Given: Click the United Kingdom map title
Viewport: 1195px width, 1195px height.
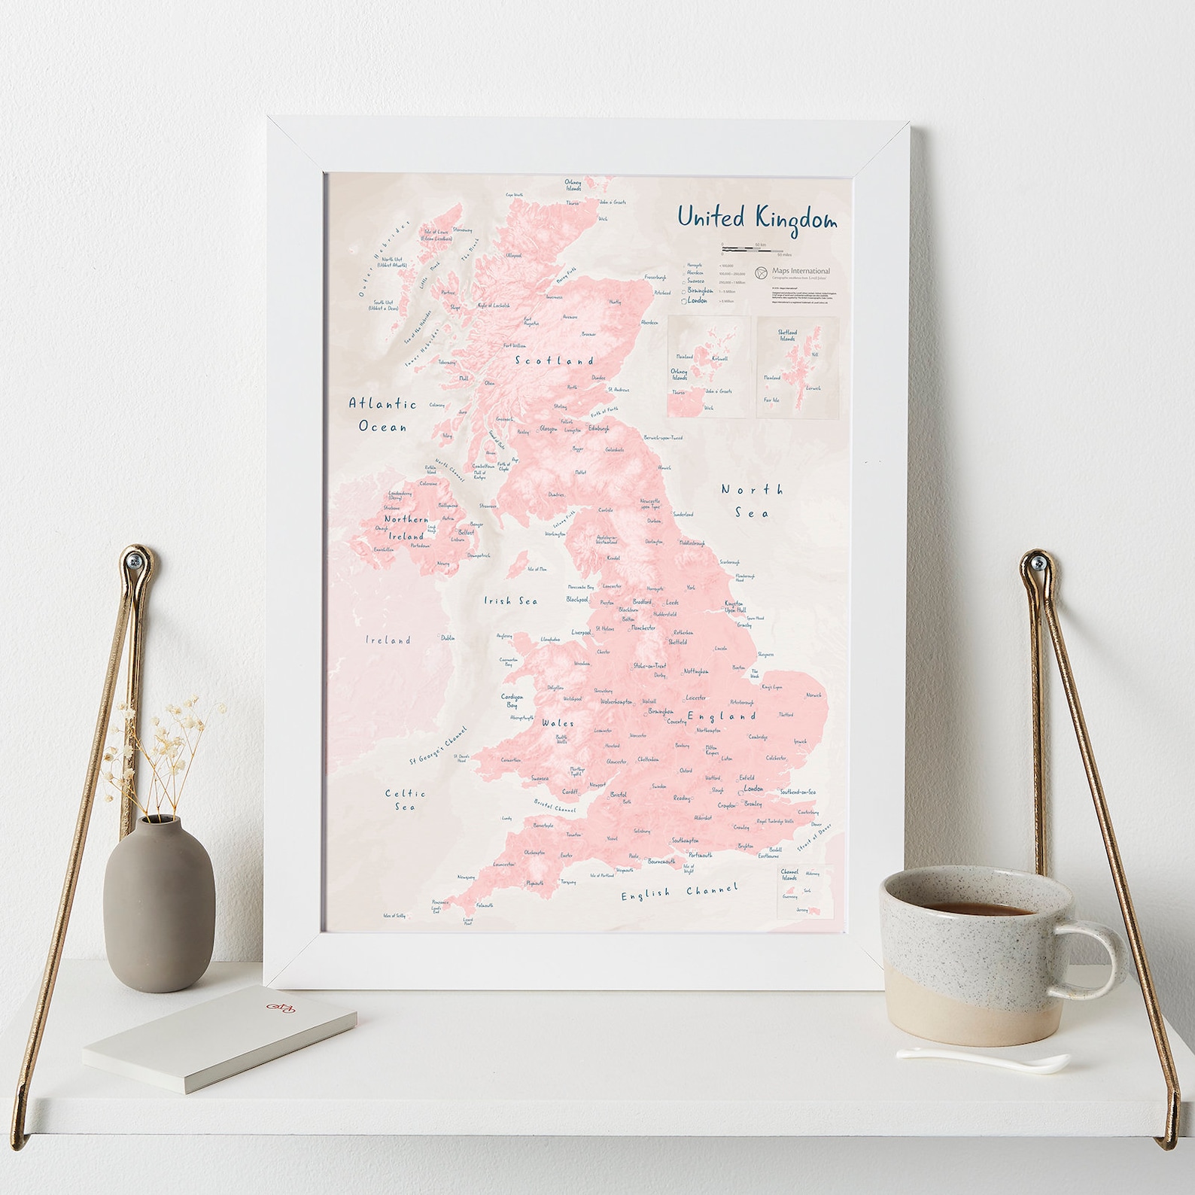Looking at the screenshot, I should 756,217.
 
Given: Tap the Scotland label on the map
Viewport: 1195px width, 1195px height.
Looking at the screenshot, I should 554,360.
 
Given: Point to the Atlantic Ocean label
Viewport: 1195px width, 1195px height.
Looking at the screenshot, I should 382,415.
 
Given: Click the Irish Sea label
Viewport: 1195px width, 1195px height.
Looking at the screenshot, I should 510,601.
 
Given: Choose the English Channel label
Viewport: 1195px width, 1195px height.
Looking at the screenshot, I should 680,892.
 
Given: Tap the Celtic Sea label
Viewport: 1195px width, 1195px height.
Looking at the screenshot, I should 405,800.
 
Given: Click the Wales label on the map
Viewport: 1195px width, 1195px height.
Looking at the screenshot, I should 558,723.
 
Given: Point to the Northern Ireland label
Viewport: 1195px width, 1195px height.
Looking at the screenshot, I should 406,528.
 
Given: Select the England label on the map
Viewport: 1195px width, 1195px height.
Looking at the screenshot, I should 720,716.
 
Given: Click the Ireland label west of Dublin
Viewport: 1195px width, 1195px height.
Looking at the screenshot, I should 388,640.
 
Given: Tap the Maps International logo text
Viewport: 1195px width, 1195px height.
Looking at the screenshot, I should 801,271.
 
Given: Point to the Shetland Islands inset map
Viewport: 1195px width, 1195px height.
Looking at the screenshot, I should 797,366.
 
